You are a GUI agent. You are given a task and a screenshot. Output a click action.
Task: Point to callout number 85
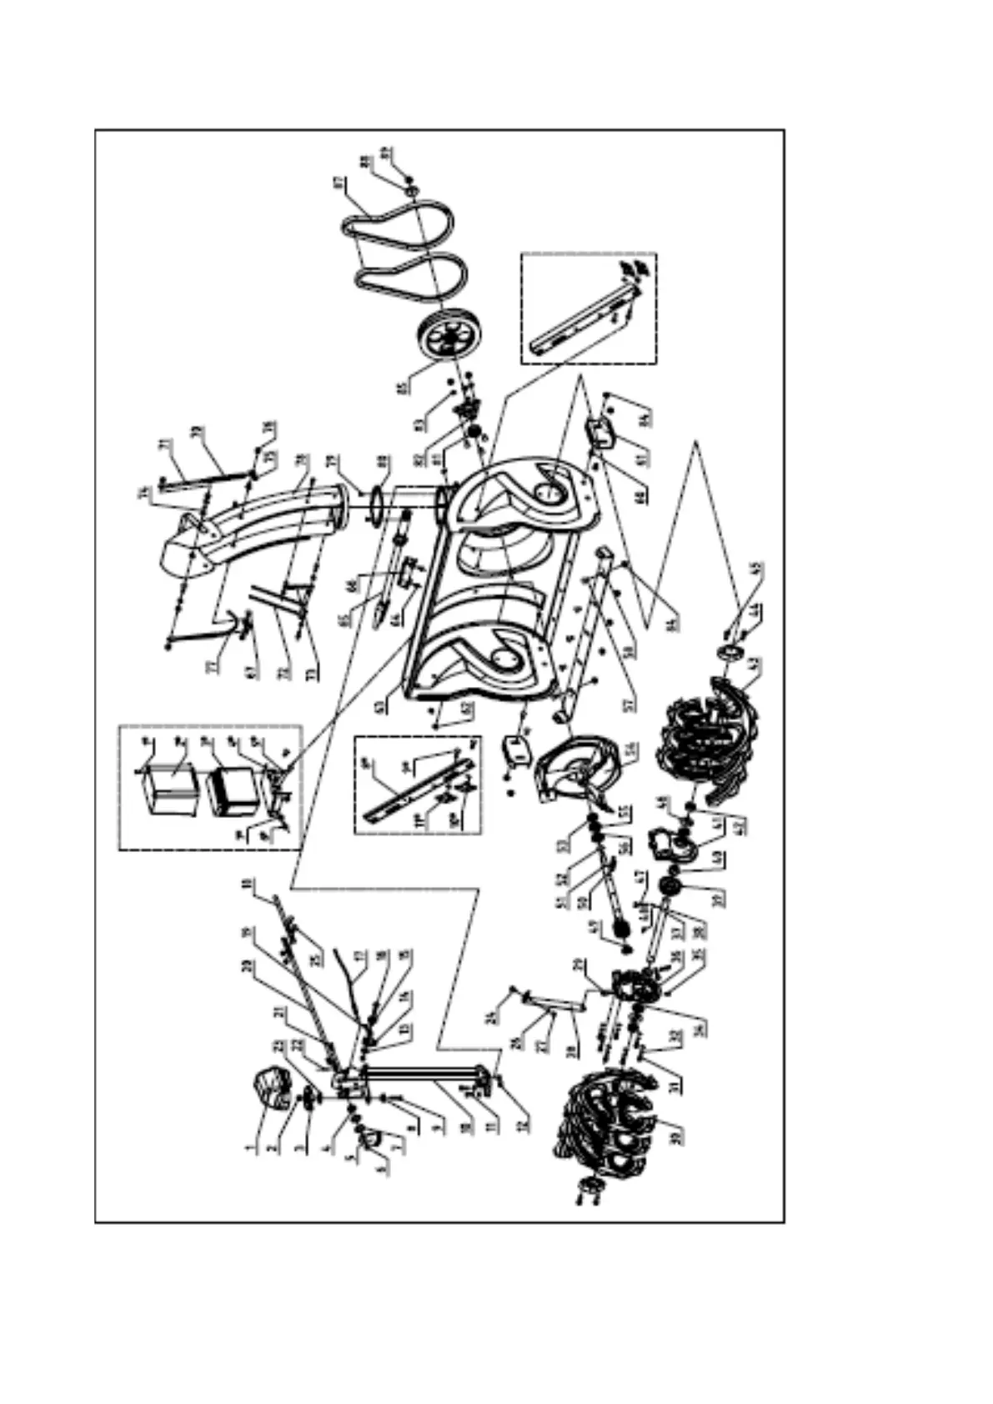pos(404,389)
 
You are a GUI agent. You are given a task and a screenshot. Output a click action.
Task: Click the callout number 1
pos(248,1148)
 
